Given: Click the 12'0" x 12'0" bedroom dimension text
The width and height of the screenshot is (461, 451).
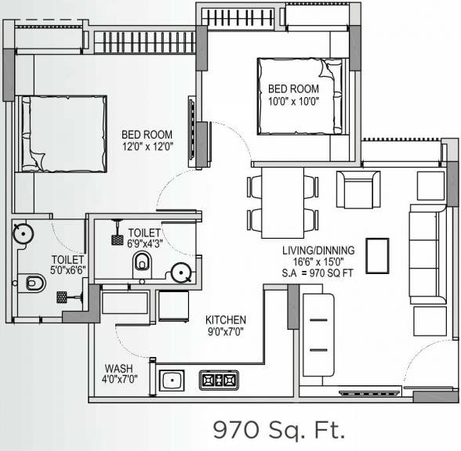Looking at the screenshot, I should click(x=147, y=146).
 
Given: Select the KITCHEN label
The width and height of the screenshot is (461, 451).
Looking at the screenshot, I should click(x=226, y=319).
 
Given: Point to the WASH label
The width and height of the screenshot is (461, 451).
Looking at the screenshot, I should click(x=118, y=368).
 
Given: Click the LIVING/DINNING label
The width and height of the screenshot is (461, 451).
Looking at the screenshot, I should click(x=318, y=251).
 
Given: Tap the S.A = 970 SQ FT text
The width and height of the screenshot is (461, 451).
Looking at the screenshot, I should click(x=318, y=274).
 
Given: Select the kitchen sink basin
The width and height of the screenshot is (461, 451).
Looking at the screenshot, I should click(x=171, y=381).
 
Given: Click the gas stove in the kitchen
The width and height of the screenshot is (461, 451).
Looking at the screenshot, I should click(x=218, y=381).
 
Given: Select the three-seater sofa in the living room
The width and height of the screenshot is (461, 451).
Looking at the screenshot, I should click(x=424, y=255).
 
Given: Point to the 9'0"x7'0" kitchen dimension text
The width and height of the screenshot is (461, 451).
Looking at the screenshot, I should click(x=226, y=332).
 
